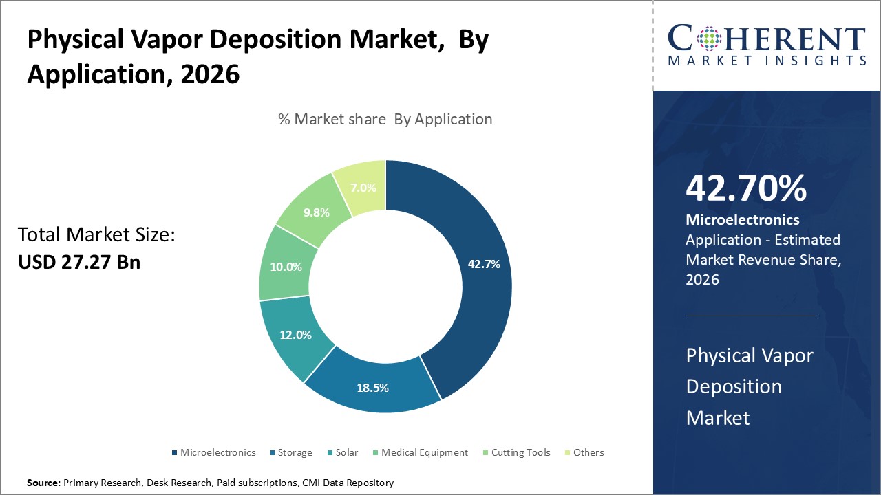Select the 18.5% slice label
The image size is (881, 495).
click(x=372, y=388)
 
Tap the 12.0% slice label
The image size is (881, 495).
click(x=296, y=335)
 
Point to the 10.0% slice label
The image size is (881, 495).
click(x=286, y=267)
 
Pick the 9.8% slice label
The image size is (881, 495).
click(x=317, y=212)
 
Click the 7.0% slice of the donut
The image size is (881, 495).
click(x=363, y=187)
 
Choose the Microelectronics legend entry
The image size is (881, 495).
click(x=217, y=452)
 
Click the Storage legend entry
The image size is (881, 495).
click(x=295, y=452)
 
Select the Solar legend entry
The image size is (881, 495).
click(x=347, y=452)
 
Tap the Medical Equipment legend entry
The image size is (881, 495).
click(x=424, y=452)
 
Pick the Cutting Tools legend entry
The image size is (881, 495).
click(x=520, y=452)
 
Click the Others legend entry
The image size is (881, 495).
click(x=588, y=452)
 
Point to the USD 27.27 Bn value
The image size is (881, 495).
click(x=78, y=262)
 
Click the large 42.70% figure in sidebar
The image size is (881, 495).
click(x=746, y=188)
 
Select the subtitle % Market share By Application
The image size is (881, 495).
click(x=385, y=119)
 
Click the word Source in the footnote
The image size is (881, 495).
click(x=43, y=483)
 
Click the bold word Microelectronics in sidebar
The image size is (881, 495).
click(x=743, y=220)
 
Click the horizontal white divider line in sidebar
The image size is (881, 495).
click(x=751, y=316)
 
